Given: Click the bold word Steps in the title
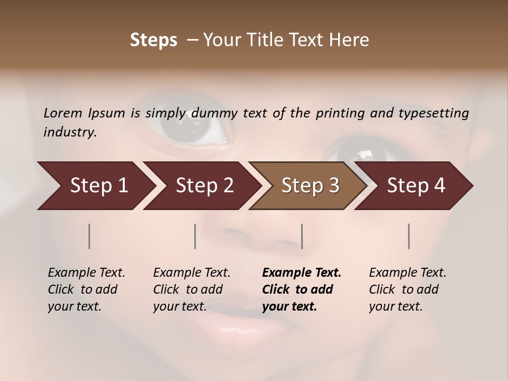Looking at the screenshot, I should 153,40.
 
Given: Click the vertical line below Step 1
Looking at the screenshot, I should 89,236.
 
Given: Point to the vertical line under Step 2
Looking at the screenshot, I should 195,236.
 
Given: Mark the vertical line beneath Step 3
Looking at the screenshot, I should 302,236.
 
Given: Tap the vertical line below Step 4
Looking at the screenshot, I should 409,236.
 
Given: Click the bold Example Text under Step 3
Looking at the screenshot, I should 302,289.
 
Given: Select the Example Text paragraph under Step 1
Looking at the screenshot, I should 86,289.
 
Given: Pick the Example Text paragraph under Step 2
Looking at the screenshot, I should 192,289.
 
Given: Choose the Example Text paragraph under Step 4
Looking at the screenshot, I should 407,289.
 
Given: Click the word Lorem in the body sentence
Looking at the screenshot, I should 63,113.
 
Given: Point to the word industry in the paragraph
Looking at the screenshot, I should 69,132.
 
